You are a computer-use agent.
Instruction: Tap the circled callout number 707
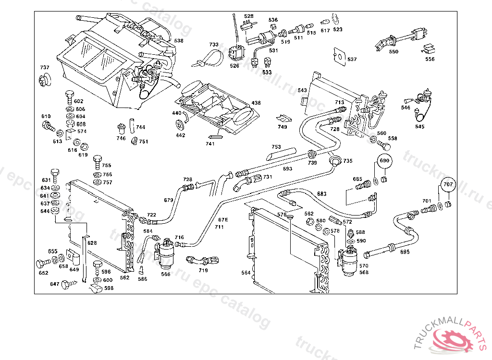tap(447, 184)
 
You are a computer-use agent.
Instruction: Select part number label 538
tap(179, 41)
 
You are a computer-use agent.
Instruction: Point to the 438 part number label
tap(256, 103)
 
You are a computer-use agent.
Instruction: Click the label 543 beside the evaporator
tap(302, 90)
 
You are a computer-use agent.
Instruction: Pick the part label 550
tap(394, 52)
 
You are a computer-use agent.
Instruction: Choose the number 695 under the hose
tap(405, 252)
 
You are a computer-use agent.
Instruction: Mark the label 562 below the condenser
tap(125, 277)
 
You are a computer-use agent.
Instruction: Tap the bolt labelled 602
tap(69, 96)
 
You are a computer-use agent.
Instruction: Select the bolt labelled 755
tap(97, 159)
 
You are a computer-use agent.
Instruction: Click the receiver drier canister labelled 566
tap(166, 253)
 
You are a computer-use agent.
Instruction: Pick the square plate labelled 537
tap(339, 55)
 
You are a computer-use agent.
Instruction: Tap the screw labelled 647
tap(66, 284)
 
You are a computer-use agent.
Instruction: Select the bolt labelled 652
tap(41, 264)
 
